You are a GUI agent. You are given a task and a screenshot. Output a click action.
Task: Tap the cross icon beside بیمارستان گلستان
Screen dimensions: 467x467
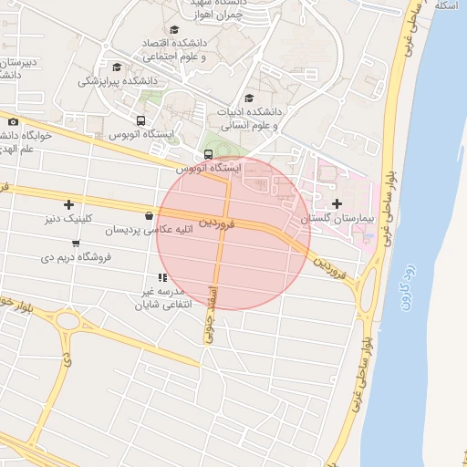[337, 203]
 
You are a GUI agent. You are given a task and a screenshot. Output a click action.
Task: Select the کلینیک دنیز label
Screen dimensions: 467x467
[68, 219]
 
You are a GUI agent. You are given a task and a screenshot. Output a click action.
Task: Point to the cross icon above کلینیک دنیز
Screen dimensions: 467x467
[68, 204]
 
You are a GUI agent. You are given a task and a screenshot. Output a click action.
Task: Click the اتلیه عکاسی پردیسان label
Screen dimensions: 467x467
[149, 231]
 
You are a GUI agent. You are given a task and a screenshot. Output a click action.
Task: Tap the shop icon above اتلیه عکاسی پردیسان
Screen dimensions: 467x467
[149, 216]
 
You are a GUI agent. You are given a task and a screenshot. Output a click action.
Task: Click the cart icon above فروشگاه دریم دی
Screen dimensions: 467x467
[75, 244]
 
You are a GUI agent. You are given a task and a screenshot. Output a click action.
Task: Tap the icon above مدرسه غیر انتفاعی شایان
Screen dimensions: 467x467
[161, 277]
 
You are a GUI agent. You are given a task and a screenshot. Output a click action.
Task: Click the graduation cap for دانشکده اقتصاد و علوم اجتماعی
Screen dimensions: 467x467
[149, 43]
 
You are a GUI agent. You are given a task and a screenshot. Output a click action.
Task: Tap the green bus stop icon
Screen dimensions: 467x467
[209, 154]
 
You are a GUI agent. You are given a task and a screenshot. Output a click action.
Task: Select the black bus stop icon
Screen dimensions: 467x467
[140, 120]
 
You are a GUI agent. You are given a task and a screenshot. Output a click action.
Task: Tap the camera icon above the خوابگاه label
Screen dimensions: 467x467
[13, 122]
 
